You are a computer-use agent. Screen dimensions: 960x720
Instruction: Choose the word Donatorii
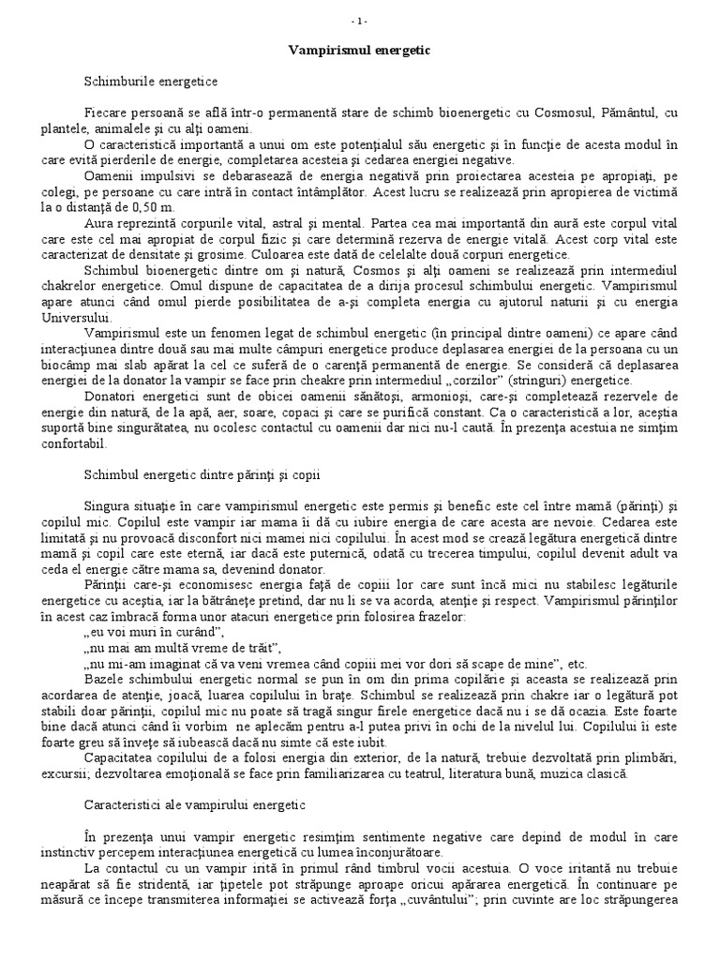112,398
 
